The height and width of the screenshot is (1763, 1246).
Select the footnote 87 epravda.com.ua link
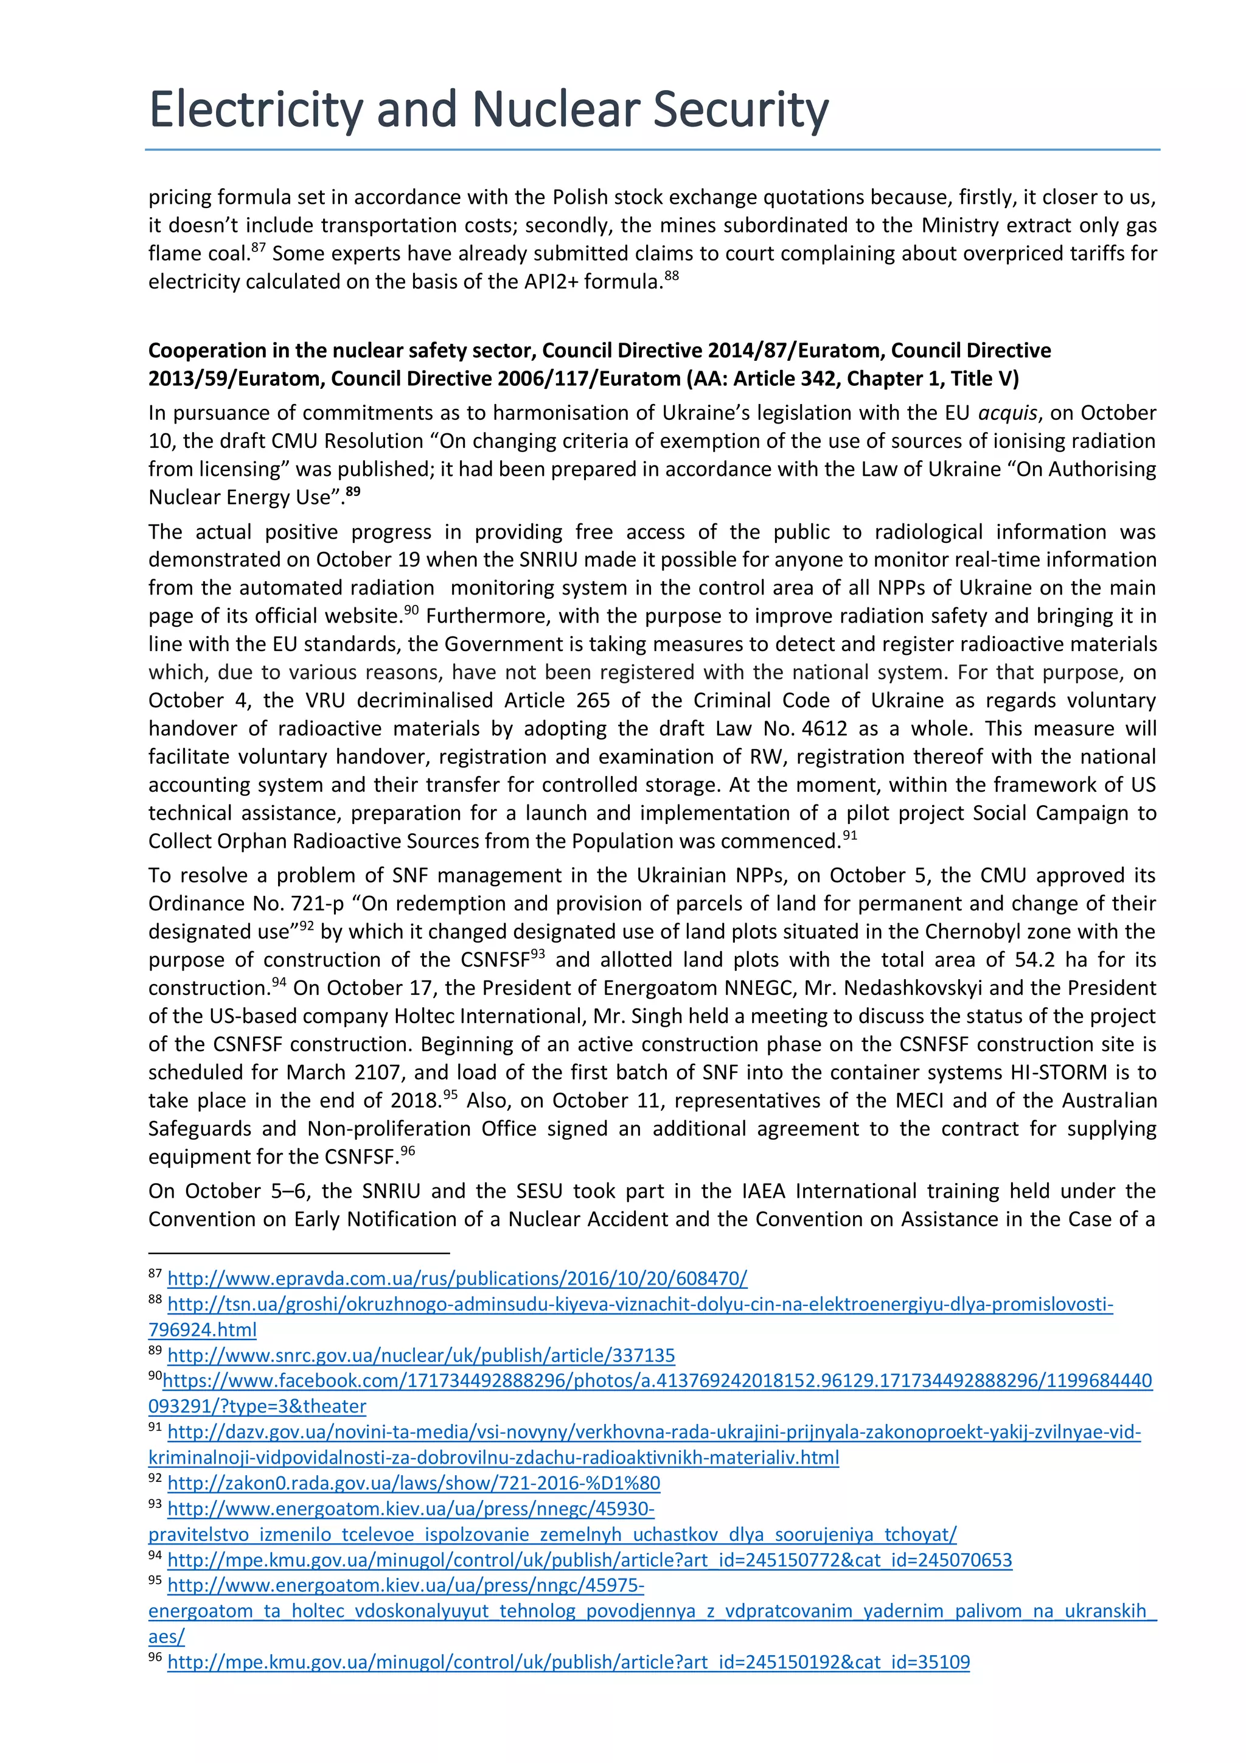[x=457, y=1279]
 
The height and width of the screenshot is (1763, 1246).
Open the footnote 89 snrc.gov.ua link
[x=420, y=1355]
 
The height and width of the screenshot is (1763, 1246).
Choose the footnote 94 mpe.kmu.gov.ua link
[x=590, y=1560]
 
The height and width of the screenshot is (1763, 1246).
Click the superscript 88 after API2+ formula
[x=672, y=276]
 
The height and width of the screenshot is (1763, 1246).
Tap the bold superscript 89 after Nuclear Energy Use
[x=352, y=492]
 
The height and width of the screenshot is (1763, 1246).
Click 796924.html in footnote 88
[x=202, y=1330]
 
